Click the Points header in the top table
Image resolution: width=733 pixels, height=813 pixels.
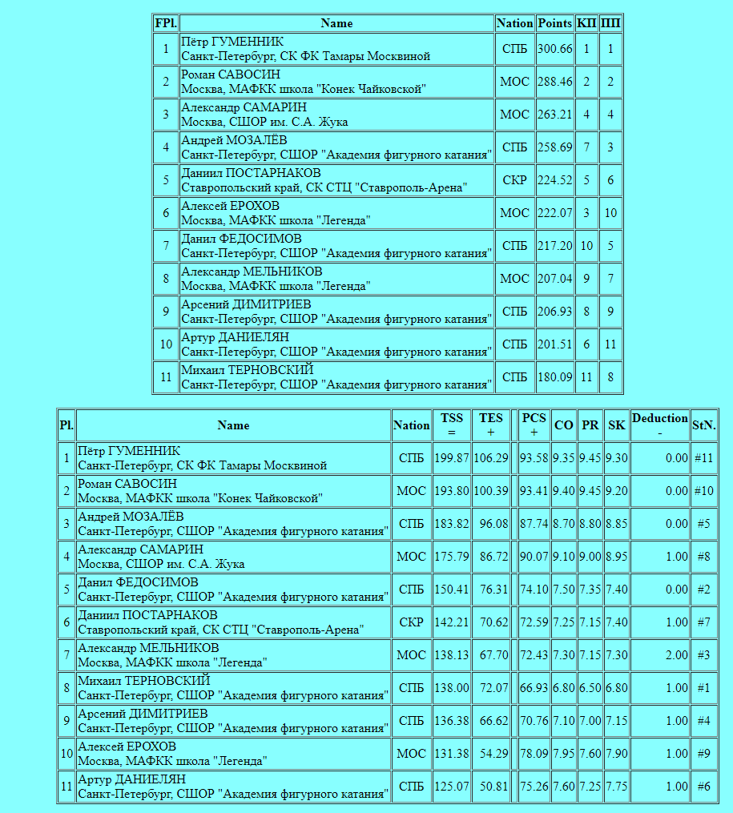point(555,23)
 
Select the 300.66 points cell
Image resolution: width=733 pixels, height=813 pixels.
point(555,49)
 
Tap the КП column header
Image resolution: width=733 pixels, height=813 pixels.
point(586,23)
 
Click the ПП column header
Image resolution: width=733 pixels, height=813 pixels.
point(610,23)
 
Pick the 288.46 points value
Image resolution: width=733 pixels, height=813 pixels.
point(555,82)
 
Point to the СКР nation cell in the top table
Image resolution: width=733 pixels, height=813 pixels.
point(514,180)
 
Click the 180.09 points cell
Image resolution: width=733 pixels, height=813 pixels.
point(555,377)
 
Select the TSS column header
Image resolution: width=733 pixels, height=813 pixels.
point(452,425)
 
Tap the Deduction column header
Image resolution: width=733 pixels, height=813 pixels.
point(659,425)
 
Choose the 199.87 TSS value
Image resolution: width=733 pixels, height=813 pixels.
point(452,458)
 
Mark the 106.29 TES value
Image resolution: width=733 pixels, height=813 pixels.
point(491,458)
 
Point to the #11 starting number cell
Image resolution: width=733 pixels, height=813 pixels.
point(703,458)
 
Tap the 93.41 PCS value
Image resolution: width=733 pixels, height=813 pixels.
point(534,491)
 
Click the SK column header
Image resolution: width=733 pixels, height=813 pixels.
point(616,425)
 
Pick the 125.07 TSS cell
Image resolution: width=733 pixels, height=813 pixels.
point(452,787)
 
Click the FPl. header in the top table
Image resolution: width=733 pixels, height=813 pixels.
point(166,23)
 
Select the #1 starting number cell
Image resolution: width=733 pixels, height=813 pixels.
point(703,688)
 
